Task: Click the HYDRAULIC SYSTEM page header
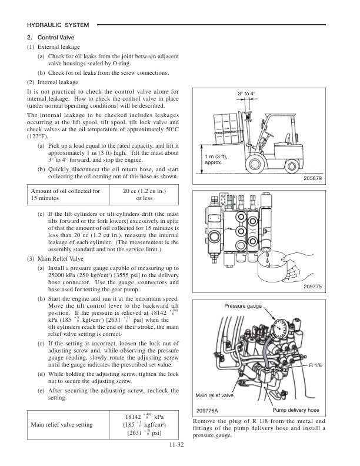(x=58, y=25)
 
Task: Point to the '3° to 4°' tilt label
(x=246, y=94)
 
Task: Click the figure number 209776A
(x=207, y=410)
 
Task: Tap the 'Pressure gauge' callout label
(x=242, y=307)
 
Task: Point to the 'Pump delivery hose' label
(x=295, y=410)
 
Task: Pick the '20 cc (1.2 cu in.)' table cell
(x=144, y=194)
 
